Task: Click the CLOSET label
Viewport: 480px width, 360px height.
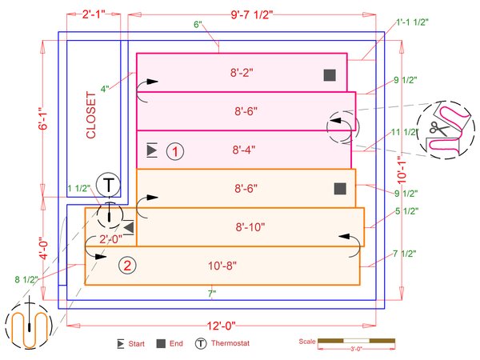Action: pos(90,115)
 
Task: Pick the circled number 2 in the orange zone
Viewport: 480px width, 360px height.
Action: pos(126,265)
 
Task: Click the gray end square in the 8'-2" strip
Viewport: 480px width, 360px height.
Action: pos(329,75)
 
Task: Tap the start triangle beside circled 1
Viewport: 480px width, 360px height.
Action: pos(152,150)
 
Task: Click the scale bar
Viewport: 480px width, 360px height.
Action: pos(356,342)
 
